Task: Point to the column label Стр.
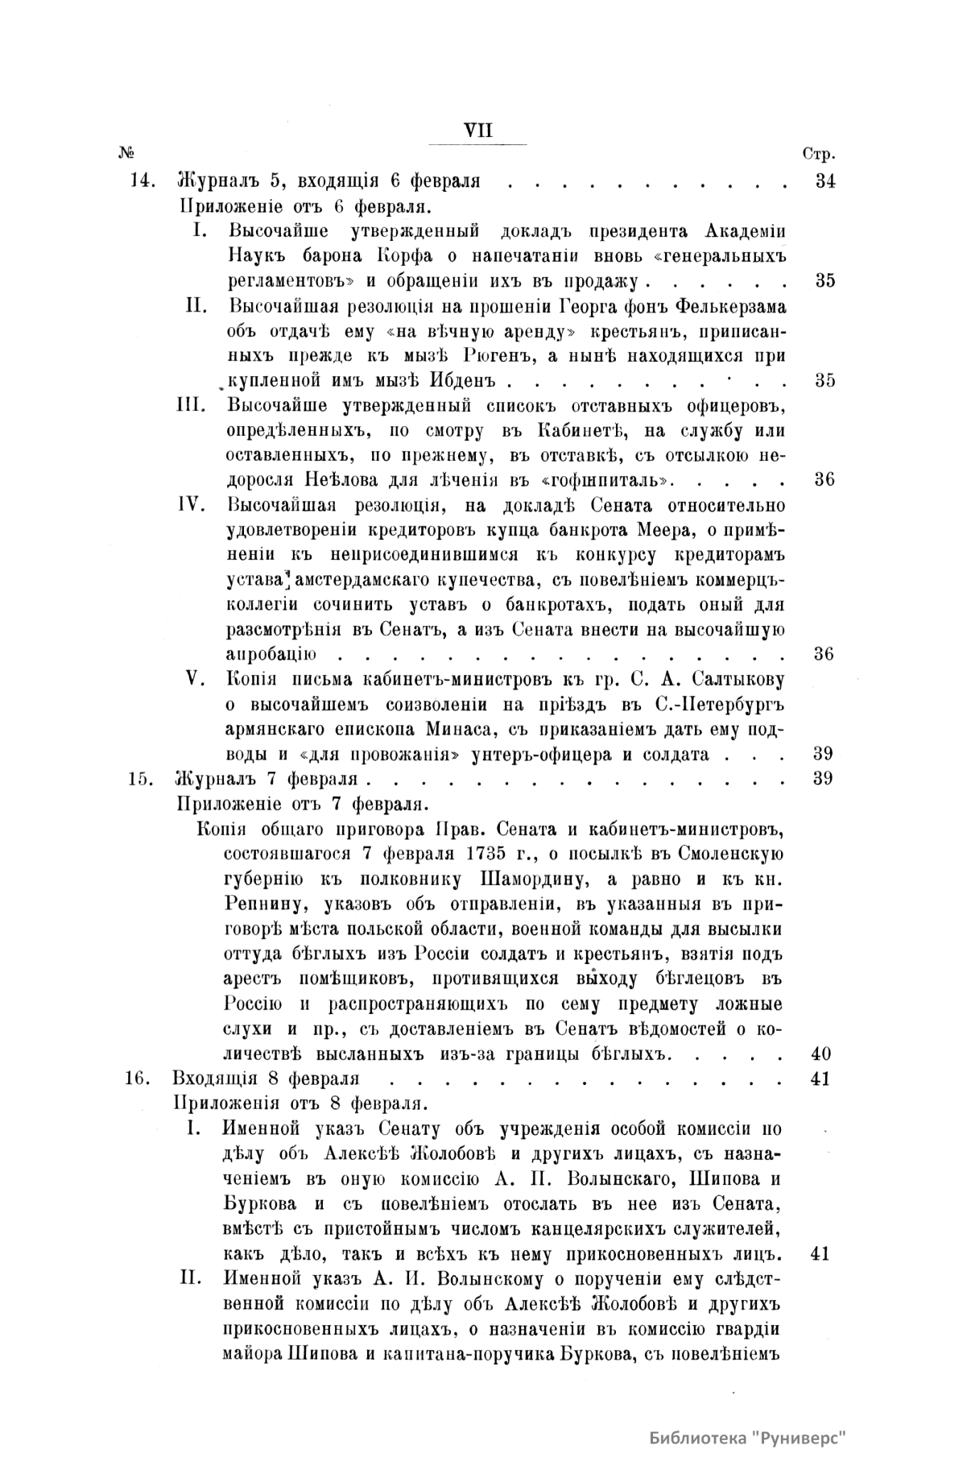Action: [819, 154]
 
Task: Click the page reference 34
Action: [824, 180]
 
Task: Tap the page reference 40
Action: [821, 1054]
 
